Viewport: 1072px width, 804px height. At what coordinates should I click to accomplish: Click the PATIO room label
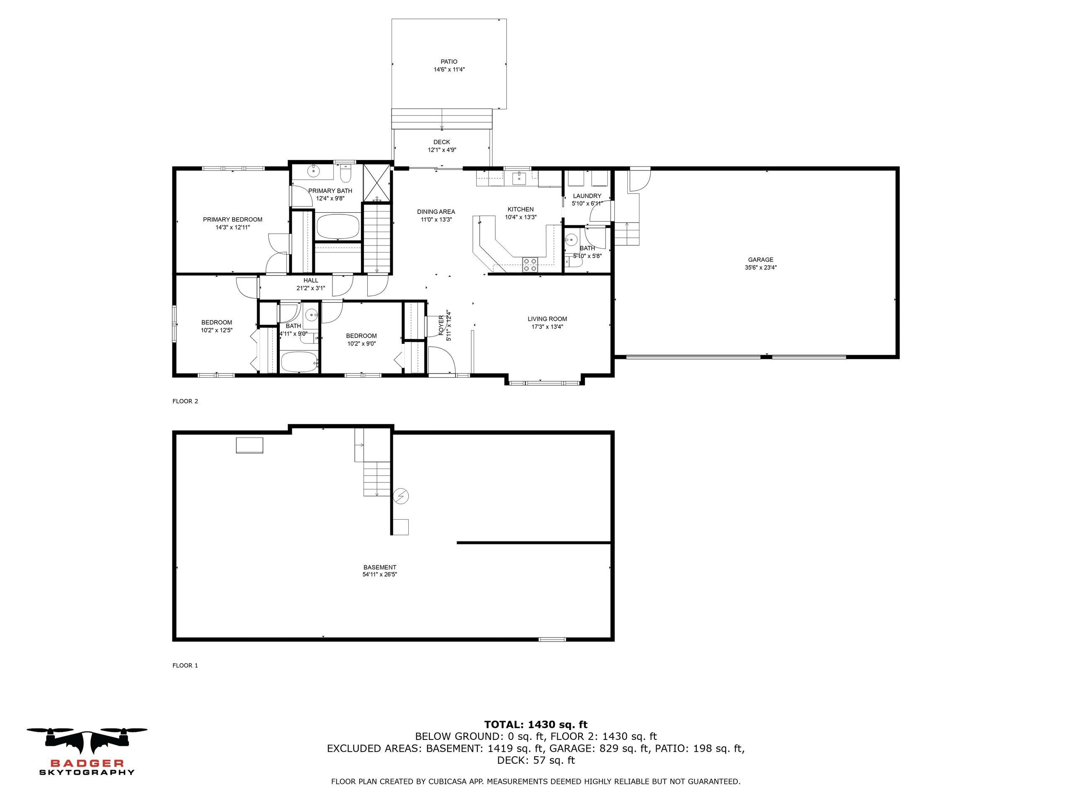coord(449,62)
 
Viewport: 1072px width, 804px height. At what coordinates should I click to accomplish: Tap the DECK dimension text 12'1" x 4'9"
coord(441,150)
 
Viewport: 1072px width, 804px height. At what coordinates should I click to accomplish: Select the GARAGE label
coord(760,260)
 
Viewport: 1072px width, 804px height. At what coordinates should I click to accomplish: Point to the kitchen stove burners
coord(530,265)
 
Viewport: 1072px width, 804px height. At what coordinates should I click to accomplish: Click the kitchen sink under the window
coord(519,178)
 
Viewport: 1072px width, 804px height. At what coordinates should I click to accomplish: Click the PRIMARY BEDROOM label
coord(233,219)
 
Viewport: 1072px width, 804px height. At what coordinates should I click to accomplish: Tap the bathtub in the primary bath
coord(338,226)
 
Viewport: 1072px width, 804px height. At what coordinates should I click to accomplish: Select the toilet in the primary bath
coord(345,173)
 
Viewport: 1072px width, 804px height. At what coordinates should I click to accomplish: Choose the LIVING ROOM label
coord(547,319)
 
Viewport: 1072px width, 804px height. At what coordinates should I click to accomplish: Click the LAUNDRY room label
coord(587,196)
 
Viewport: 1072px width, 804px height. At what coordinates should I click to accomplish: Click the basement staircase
coord(377,478)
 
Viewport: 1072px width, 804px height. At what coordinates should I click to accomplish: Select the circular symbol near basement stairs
coord(402,496)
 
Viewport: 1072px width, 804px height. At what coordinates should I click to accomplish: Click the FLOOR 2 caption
coord(185,401)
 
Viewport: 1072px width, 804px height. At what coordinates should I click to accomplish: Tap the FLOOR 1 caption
coord(185,665)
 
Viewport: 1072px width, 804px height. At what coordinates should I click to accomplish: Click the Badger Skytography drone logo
coord(87,742)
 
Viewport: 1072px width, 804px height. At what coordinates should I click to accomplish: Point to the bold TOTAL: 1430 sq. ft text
coord(536,725)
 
